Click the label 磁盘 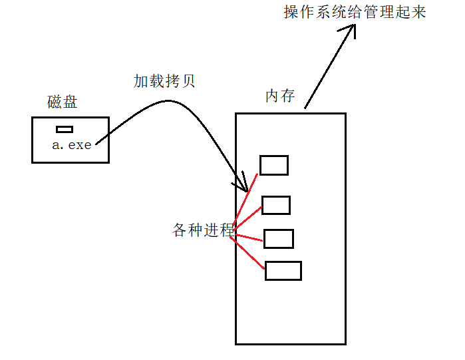point(63,102)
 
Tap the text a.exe point(71,144)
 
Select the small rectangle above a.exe point(65,129)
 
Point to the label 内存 point(280,96)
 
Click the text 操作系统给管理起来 point(355,13)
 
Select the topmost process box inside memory point(273,165)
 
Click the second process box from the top point(276,205)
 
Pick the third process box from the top point(279,238)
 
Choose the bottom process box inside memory point(283,270)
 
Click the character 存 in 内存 point(287,96)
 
